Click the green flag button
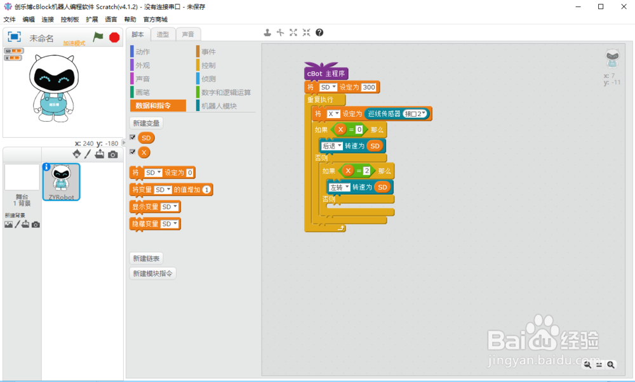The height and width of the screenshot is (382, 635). click(x=98, y=37)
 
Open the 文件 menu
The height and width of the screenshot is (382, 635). click(x=10, y=20)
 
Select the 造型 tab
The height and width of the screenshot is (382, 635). click(x=163, y=34)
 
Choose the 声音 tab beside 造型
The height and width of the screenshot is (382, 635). click(x=189, y=34)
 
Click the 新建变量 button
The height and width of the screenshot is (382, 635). click(x=145, y=123)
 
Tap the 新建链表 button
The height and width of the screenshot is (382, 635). click(x=145, y=258)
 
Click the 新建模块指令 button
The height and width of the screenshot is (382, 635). click(x=152, y=273)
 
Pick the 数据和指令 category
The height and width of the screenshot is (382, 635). click(x=158, y=106)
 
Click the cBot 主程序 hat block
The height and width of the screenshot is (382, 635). click(x=326, y=74)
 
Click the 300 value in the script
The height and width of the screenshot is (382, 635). click(x=369, y=87)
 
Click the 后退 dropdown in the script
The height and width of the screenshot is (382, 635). click(x=331, y=146)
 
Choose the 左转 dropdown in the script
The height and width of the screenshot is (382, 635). click(x=338, y=187)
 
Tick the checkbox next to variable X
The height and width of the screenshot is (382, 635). click(x=133, y=152)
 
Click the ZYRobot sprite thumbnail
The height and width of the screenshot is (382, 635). click(x=61, y=181)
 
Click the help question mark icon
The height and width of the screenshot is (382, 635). click(x=319, y=32)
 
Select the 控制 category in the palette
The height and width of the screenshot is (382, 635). click(x=208, y=65)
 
